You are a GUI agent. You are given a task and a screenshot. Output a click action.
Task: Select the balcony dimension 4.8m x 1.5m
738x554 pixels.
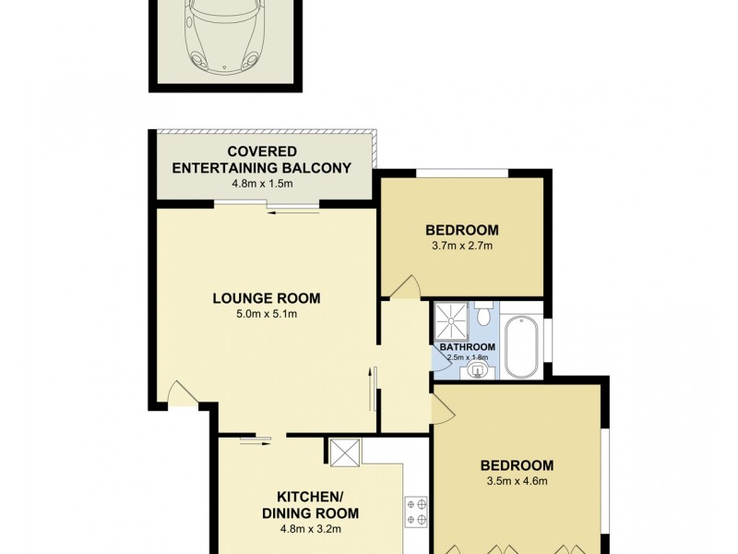point(262,184)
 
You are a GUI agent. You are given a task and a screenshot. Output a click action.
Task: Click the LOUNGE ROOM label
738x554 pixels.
point(266,298)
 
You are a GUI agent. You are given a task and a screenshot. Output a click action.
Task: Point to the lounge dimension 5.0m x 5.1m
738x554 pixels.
point(266,315)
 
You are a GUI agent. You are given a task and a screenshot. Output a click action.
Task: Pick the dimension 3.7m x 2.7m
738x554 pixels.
point(461,247)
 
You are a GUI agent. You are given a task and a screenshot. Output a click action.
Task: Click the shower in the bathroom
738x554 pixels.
point(452,319)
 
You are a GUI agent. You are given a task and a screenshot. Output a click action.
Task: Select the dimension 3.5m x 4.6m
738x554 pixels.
point(516,482)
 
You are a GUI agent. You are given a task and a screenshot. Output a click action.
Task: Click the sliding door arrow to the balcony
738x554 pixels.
point(292,212)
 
